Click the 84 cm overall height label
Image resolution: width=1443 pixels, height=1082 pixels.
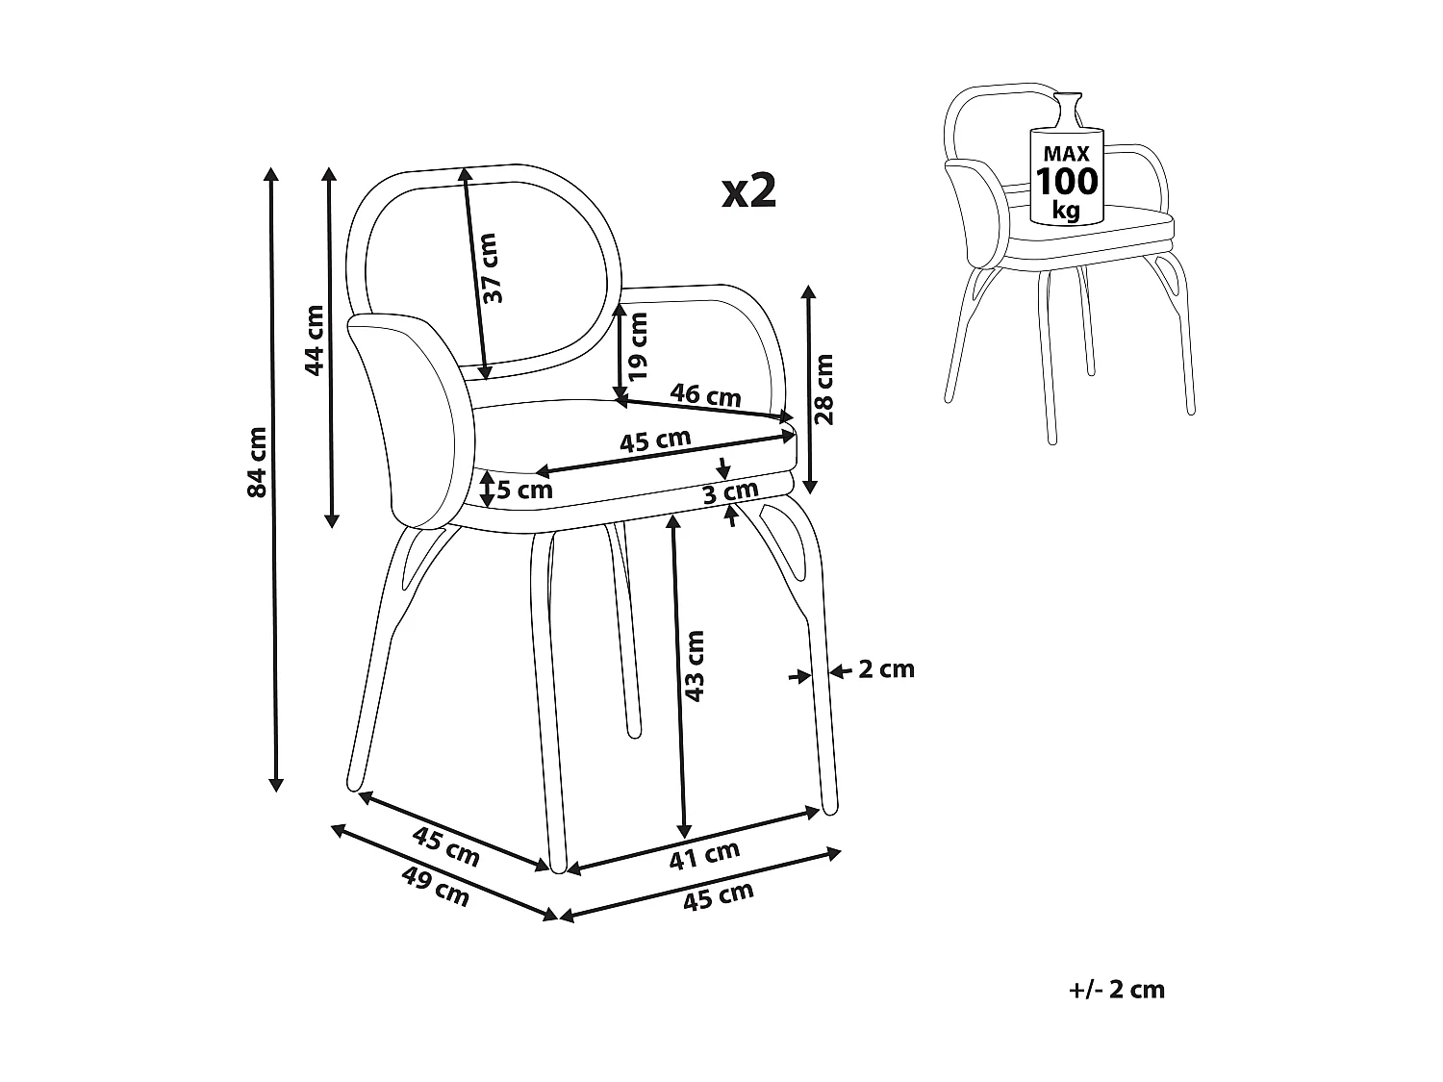coord(256,462)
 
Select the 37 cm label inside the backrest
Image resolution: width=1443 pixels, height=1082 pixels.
coord(492,268)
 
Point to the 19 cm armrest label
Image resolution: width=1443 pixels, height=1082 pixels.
coord(637,343)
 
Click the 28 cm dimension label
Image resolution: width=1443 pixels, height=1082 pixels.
coord(824,389)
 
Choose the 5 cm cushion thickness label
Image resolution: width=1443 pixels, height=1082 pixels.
coord(524,490)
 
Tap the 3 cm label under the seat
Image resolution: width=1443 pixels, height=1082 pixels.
coord(730,492)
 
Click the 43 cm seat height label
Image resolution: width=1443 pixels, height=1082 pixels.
coord(696,666)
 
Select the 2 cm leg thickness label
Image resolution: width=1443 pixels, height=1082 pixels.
coord(886,668)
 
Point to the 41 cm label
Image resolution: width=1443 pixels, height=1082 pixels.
coord(704,854)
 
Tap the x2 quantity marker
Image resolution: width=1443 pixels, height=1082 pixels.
coord(749,191)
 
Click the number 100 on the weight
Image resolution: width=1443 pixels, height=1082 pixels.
coord(1066,181)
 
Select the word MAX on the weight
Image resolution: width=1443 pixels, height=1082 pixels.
coord(1066,153)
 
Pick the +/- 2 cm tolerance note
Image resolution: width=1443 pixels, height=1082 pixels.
coord(1116,990)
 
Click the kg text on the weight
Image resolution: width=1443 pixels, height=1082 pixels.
coord(1066,209)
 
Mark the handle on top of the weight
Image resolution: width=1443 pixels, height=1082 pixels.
coord(1067,107)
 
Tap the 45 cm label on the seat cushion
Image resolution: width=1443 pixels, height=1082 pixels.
coord(654,441)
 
